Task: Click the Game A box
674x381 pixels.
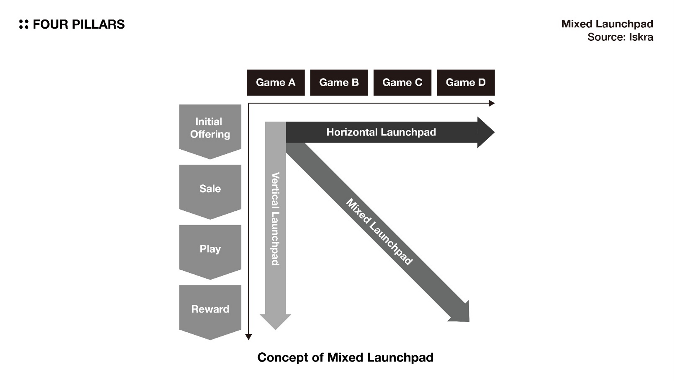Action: tap(275, 83)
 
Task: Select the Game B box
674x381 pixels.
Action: tap(339, 83)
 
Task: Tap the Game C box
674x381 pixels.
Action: tap(402, 83)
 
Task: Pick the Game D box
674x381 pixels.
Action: tap(465, 83)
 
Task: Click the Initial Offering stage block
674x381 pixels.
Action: tap(210, 128)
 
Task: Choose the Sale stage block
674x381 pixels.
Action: tap(210, 189)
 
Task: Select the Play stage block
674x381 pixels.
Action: tap(210, 249)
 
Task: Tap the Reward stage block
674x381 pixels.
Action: tap(210, 309)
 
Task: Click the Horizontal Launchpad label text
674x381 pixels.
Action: tap(381, 132)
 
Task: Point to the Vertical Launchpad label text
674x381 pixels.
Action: tap(275, 219)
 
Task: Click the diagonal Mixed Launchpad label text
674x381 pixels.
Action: tap(379, 231)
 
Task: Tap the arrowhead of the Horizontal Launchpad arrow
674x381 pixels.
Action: tap(485, 132)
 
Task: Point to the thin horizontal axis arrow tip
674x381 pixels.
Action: tap(492, 103)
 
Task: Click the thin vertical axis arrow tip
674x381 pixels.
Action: tap(248, 337)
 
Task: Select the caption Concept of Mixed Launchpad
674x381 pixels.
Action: tap(345, 357)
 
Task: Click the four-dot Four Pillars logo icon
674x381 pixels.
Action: tap(24, 24)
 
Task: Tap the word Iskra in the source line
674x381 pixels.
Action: tap(641, 37)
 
